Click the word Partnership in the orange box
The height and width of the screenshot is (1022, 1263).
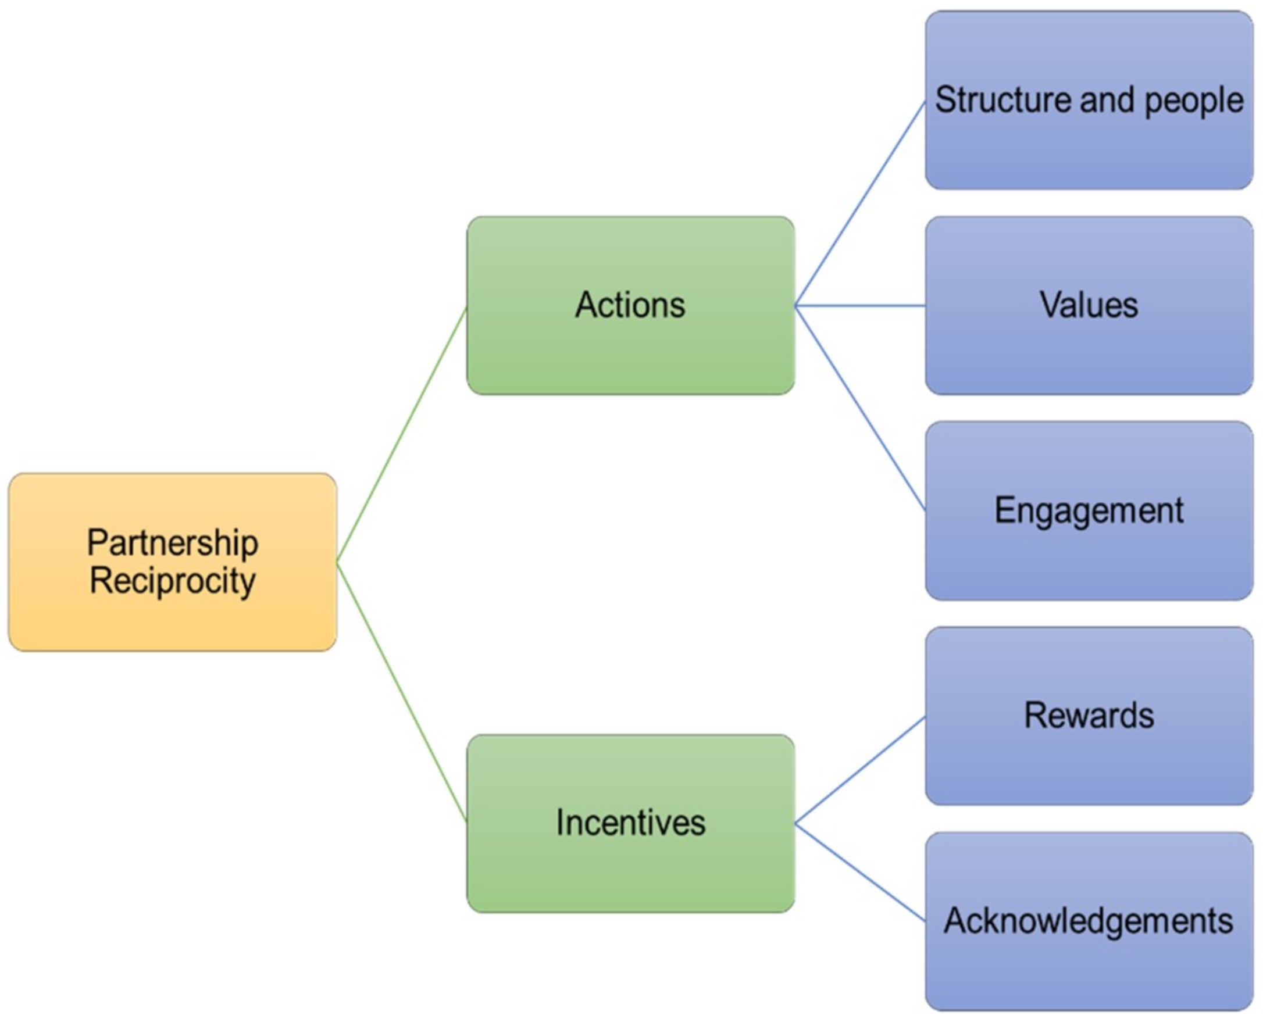click(x=172, y=542)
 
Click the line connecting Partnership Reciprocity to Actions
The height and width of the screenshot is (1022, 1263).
click(x=402, y=434)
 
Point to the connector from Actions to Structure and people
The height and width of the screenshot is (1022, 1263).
click(x=859, y=203)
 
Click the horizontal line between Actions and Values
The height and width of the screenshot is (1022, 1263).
click(x=859, y=306)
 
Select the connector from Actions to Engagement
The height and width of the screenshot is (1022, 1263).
click(x=859, y=408)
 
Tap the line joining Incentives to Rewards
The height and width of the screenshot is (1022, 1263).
click(x=859, y=770)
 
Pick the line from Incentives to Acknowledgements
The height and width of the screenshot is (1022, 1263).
click(x=859, y=872)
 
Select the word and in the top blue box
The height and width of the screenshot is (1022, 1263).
click(x=1107, y=100)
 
